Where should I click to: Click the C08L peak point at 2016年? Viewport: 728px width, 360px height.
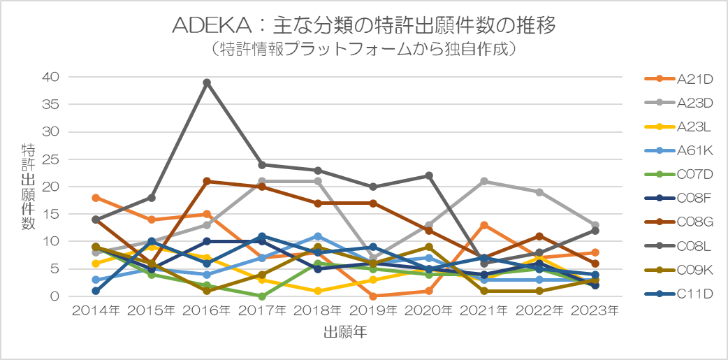coord(207,82)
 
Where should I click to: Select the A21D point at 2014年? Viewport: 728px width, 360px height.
coord(96,198)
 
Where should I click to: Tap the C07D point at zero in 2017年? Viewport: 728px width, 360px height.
coord(262,296)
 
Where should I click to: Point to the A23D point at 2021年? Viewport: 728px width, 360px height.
coord(483,181)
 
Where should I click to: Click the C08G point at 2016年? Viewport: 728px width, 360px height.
coord(207,181)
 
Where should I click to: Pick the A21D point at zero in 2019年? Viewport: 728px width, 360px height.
coord(373,296)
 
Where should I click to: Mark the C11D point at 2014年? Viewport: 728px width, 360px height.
coord(96,291)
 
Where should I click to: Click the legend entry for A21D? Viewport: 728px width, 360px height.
coord(678,78)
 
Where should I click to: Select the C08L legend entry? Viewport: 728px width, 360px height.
coord(678,246)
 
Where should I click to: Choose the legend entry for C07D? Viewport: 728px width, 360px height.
coord(678,174)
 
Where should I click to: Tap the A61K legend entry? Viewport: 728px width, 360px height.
coord(678,150)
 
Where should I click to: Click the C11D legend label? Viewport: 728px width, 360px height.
coord(694,294)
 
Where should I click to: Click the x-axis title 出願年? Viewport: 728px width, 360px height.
coord(345,332)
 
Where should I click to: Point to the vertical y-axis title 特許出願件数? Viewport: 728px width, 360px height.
coord(28,186)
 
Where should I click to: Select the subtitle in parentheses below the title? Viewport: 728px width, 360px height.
coord(363,49)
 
